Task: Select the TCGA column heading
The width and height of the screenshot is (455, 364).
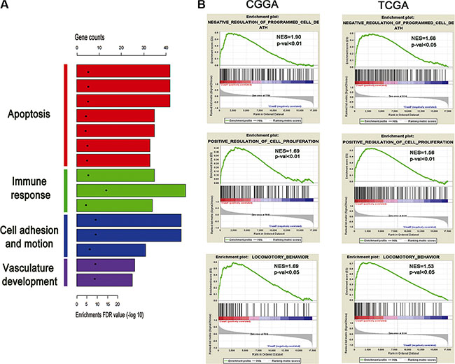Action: [389, 10]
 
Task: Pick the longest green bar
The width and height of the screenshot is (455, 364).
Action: [130, 190]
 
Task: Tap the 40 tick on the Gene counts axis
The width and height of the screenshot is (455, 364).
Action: [166, 49]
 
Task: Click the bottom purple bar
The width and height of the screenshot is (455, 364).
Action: [104, 280]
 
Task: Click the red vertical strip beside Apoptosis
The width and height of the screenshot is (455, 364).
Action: [65, 115]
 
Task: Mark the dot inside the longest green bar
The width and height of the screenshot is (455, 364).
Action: [106, 190]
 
